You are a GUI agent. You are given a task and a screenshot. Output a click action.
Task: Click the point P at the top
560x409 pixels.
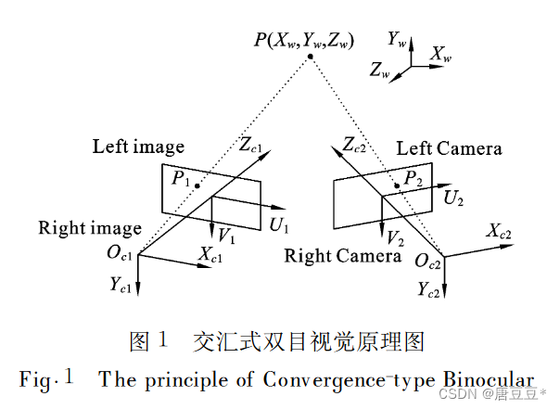(x=312, y=58)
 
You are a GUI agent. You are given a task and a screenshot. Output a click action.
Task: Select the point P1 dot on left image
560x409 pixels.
(x=197, y=185)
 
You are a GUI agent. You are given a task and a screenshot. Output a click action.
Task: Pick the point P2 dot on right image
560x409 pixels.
(x=398, y=185)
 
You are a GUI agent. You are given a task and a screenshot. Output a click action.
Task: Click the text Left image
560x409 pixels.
(x=138, y=147)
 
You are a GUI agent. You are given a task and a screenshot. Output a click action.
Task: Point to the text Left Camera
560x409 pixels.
(x=449, y=148)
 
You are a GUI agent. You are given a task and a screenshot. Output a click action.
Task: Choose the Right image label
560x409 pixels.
(x=90, y=228)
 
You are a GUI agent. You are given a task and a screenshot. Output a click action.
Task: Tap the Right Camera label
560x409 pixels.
(x=343, y=255)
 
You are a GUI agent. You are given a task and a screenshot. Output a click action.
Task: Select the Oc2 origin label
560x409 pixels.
(x=428, y=264)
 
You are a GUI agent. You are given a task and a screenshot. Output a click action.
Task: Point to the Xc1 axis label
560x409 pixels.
(x=211, y=252)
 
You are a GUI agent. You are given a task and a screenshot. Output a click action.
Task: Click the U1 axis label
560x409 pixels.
(x=280, y=225)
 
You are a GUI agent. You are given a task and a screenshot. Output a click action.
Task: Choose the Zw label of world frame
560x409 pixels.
(x=380, y=70)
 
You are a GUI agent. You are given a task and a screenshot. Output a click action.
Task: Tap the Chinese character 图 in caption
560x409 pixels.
(x=139, y=341)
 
